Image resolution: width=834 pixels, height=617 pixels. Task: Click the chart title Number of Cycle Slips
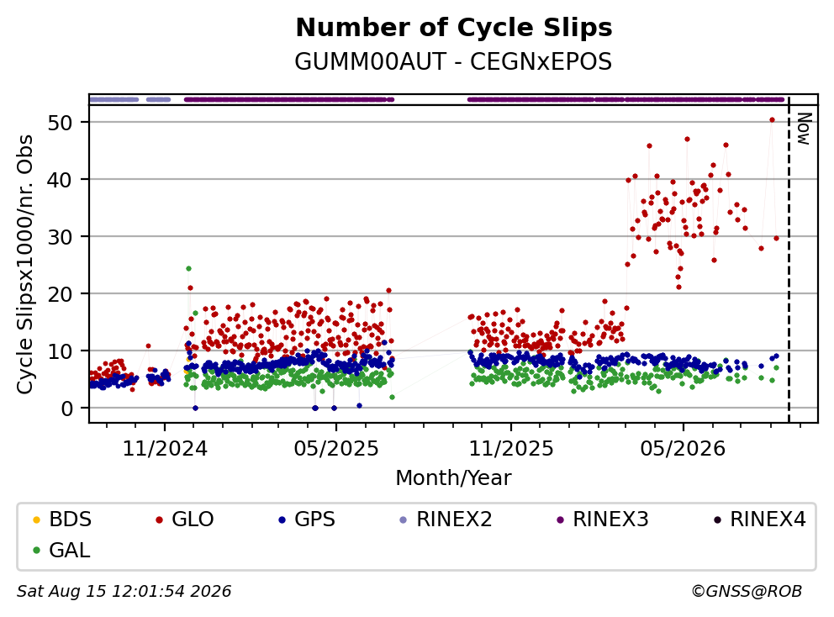(454, 28)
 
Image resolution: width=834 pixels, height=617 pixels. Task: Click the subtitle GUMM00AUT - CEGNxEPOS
(453, 61)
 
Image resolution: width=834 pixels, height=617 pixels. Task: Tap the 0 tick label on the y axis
(66, 409)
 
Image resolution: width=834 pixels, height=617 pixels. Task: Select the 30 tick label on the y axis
(60, 237)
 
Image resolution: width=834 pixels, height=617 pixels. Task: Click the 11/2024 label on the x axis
(165, 449)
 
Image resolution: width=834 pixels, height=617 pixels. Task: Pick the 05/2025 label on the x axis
(336, 449)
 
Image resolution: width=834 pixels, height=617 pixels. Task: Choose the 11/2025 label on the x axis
(511, 449)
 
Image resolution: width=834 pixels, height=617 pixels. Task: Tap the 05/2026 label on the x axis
(683, 449)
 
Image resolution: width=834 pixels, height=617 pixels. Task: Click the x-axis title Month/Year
(453, 477)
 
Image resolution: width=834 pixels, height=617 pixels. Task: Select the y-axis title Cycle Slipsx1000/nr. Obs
(25, 264)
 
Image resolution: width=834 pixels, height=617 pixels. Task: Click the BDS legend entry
(62, 519)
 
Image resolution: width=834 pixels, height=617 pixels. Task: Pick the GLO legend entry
(185, 519)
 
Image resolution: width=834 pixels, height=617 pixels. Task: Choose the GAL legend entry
(61, 550)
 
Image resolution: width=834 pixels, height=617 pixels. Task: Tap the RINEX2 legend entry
(446, 519)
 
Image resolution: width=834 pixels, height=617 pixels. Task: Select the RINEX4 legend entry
(759, 519)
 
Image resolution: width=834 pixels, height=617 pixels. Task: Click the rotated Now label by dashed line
(803, 129)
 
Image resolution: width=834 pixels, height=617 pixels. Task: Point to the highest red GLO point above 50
(772, 119)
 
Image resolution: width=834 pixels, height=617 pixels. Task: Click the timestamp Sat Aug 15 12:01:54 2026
(124, 591)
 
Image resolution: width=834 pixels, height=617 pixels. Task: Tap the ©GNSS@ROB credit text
(747, 591)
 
